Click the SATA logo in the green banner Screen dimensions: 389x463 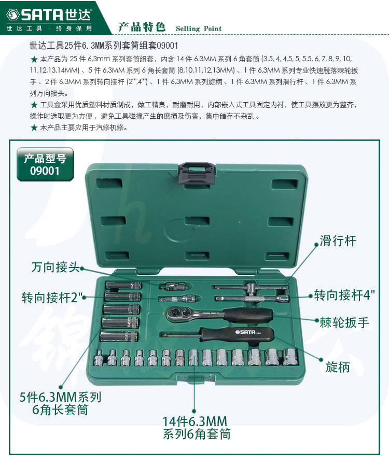click(x=49, y=15)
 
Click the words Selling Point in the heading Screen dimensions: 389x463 click(x=199, y=29)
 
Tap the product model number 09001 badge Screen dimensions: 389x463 click(x=45, y=164)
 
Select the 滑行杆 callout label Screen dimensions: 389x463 click(x=338, y=241)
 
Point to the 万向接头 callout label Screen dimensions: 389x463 click(x=55, y=267)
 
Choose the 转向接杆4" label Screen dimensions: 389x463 click(x=344, y=295)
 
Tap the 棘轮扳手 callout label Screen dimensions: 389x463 click(x=344, y=322)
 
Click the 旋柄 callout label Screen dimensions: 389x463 click(x=338, y=367)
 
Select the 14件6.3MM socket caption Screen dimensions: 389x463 click(x=197, y=428)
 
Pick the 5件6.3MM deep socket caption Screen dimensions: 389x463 click(x=60, y=403)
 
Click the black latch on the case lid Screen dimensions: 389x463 click(x=197, y=173)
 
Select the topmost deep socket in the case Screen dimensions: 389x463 click(x=123, y=286)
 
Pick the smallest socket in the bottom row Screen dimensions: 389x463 click(x=98, y=358)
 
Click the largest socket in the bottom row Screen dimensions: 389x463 click(x=290, y=357)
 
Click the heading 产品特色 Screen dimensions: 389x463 click(x=142, y=27)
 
